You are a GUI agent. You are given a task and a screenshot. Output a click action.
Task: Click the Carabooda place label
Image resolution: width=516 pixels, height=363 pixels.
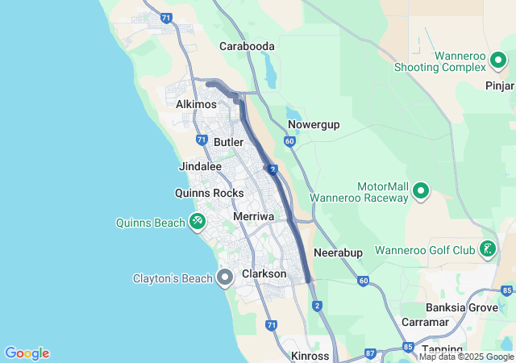(248, 47)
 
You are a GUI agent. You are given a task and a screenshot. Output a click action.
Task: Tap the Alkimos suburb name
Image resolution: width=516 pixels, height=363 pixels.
(196, 105)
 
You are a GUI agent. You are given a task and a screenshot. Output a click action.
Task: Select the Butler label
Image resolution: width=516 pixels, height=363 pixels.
(229, 142)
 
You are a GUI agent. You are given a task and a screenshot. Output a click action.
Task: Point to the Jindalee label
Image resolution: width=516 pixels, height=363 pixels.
(200, 167)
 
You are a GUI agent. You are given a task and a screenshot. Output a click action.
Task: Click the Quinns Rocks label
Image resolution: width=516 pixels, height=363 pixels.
(209, 194)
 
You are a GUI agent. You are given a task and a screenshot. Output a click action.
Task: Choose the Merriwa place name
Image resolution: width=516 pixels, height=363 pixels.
(253, 217)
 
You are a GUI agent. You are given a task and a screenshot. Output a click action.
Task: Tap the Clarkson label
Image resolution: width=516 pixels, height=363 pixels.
(264, 274)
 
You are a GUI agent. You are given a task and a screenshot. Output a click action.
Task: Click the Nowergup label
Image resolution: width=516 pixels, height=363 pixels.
(314, 125)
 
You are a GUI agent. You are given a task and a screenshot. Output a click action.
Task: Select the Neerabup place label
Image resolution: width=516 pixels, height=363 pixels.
(338, 252)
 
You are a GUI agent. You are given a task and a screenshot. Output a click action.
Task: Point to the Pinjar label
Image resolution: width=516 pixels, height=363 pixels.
(500, 85)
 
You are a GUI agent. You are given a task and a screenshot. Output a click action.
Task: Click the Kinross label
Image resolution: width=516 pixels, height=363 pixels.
(310, 356)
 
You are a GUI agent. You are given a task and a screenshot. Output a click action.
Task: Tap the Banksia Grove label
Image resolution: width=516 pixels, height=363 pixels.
(461, 307)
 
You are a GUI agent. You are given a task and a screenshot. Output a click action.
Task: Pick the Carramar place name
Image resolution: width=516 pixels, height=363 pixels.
(425, 323)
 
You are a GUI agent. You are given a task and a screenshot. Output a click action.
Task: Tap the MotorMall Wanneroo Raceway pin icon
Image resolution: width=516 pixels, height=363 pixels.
(420, 191)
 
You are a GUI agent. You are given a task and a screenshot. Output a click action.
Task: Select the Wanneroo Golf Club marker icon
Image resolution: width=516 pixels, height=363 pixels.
(487, 249)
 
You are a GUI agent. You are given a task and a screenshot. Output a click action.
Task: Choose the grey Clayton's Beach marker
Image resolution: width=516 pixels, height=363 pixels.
(225, 278)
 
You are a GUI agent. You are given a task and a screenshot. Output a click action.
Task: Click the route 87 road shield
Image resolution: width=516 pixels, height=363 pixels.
(370, 353)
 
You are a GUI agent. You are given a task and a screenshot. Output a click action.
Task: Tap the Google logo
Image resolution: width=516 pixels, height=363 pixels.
(27, 353)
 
